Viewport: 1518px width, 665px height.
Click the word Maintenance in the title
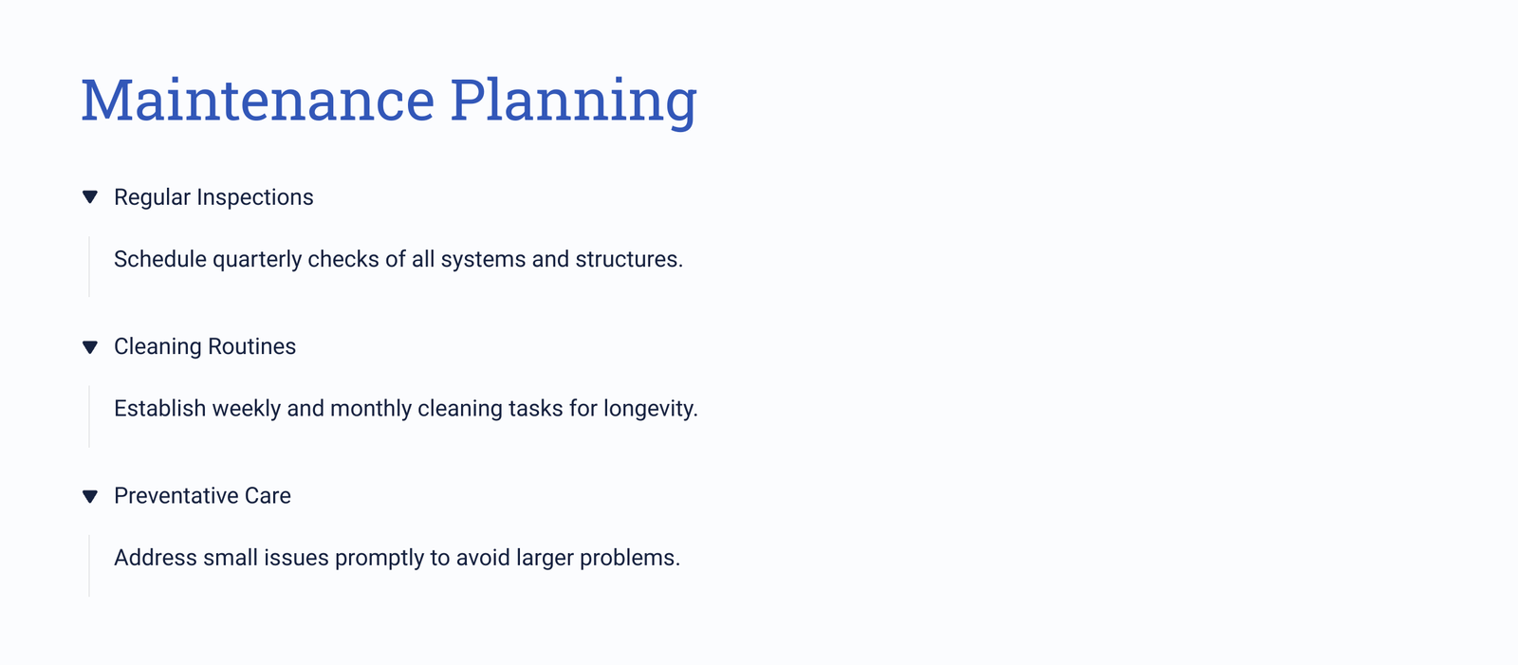tap(257, 101)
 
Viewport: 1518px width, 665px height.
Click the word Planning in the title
tap(573, 102)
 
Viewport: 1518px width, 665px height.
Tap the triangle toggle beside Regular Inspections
tap(90, 197)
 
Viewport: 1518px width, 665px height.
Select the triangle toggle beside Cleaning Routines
tap(90, 347)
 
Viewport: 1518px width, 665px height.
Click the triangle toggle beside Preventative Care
tap(90, 496)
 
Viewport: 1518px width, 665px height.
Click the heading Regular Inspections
tap(213, 197)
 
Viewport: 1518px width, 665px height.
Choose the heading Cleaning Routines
tap(205, 346)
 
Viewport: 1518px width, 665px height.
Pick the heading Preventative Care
tap(202, 495)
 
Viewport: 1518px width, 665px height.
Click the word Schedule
tap(160, 259)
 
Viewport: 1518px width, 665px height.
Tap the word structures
tap(629, 259)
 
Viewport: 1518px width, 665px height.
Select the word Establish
tap(160, 408)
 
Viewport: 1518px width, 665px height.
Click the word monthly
tap(371, 409)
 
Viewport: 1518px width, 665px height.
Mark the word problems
tap(630, 558)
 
